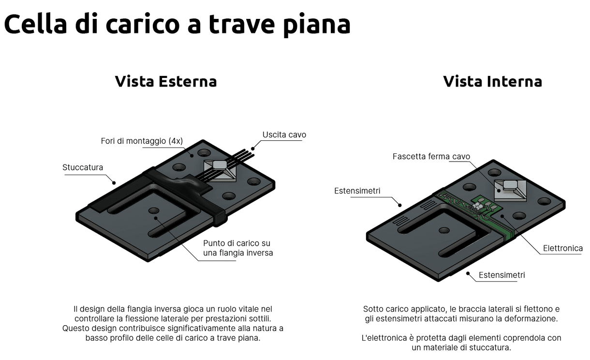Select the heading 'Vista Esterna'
[165, 81]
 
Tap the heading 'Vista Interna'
[492, 81]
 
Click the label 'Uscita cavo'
[284, 135]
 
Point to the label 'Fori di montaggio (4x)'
[142, 141]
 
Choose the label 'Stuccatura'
[83, 167]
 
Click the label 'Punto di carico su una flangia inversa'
[237, 247]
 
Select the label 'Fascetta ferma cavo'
[431, 156]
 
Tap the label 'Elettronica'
[562, 248]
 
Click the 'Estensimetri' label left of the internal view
[357, 191]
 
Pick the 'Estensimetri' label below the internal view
[501, 275]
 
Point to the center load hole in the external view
[154, 211]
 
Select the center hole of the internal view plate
[443, 231]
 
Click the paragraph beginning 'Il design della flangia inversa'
[173, 323]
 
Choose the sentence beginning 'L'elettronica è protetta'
[461, 342]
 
